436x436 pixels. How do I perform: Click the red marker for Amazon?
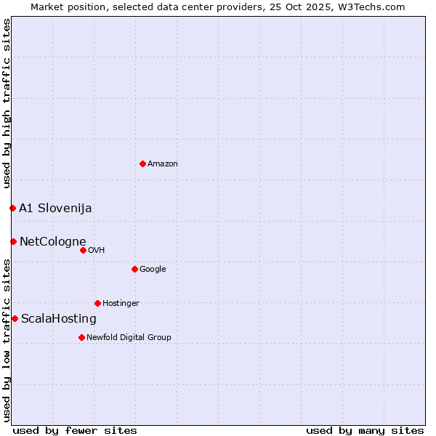tap(142, 163)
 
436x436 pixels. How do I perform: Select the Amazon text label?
tap(163, 164)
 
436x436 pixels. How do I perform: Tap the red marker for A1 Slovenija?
tap(12, 208)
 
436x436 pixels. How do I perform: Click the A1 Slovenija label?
tap(55, 209)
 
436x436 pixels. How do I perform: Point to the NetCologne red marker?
tap(13, 241)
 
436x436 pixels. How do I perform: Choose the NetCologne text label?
tap(52, 242)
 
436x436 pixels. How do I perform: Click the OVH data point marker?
tap(83, 250)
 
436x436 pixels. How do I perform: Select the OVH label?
tap(97, 251)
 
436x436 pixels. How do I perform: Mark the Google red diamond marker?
tap(134, 269)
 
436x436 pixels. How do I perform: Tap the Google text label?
tap(153, 270)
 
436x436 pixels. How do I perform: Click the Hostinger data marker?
tap(97, 303)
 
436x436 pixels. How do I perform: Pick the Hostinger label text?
tap(121, 304)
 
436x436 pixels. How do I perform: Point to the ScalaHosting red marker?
tap(15, 318)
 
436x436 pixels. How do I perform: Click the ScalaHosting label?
tap(59, 319)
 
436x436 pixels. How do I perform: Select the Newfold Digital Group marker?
tap(81, 337)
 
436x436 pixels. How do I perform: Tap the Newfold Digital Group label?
tap(129, 338)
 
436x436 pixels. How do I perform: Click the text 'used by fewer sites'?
tap(75, 431)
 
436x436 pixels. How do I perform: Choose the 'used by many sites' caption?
tap(365, 431)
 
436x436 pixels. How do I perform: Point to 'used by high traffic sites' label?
tap(7, 103)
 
